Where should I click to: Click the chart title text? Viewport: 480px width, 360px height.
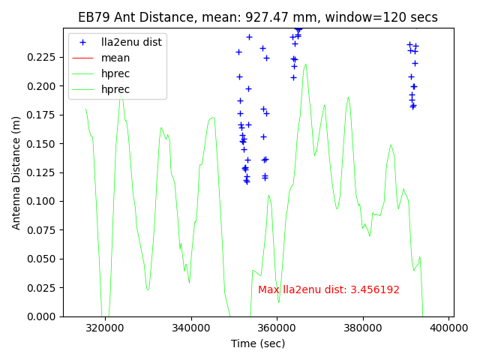point(258,17)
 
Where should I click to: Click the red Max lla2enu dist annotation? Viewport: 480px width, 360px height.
point(328,290)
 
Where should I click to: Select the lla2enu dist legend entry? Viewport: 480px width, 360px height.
point(131,42)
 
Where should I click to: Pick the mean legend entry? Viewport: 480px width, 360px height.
point(115,58)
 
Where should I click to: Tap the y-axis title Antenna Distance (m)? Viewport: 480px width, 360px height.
point(16,172)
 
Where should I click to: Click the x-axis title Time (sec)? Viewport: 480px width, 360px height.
point(258,343)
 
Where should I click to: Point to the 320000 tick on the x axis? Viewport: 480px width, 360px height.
point(105,328)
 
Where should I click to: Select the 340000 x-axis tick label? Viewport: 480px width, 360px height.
point(191,328)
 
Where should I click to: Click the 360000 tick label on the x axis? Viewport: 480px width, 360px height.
point(277,328)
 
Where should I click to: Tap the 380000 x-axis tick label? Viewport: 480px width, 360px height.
point(363,328)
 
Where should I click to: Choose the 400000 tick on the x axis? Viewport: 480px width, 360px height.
point(449,328)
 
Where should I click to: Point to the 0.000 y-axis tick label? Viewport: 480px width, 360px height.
point(43,316)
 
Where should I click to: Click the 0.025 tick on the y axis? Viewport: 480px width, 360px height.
point(43,288)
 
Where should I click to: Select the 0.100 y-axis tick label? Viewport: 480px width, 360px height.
point(43,201)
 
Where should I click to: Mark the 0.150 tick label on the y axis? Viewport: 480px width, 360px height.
point(43,144)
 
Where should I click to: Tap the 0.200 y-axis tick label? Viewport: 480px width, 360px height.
point(43,86)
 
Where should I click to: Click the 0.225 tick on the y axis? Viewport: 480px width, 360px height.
point(43,57)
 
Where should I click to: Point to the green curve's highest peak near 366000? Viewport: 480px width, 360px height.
point(305,64)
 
